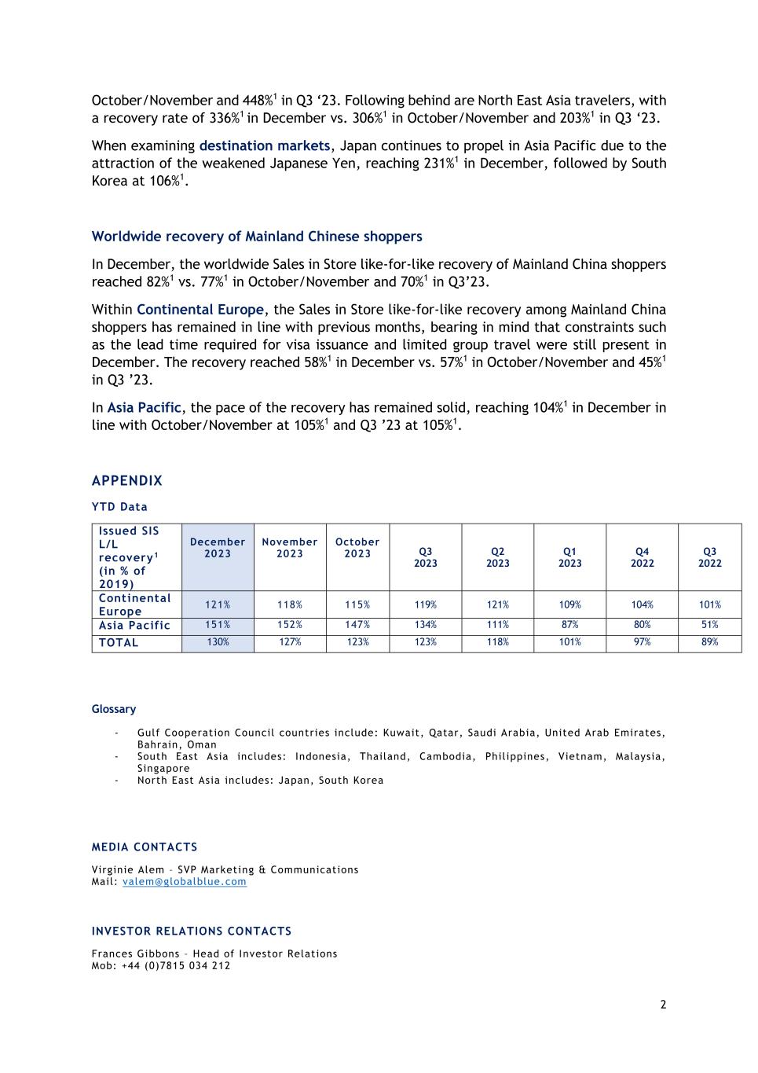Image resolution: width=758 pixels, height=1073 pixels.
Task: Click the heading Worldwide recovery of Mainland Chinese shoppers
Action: click(x=257, y=237)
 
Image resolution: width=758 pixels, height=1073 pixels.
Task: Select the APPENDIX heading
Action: click(x=127, y=481)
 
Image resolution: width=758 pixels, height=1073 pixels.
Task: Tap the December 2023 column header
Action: click(x=218, y=548)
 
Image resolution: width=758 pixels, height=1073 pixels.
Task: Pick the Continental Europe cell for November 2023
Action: click(x=290, y=604)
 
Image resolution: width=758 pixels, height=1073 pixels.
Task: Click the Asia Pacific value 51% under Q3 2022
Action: click(x=709, y=625)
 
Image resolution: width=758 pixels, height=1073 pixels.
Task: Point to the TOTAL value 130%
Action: click(x=218, y=642)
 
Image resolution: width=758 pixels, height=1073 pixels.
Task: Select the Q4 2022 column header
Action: click(x=642, y=557)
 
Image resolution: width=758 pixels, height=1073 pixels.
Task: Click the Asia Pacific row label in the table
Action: click(x=134, y=626)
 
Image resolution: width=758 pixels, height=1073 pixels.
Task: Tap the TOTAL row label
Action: click(x=119, y=643)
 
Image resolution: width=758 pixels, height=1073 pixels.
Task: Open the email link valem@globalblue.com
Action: click(x=185, y=882)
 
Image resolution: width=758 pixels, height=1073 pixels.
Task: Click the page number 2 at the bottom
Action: click(x=663, y=1005)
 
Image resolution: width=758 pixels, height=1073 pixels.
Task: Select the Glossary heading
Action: click(x=114, y=709)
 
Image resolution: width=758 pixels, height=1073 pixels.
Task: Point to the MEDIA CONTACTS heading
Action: click(x=145, y=847)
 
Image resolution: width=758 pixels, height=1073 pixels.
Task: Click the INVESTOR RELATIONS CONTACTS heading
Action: click(x=192, y=932)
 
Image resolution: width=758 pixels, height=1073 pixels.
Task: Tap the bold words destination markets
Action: click(x=265, y=146)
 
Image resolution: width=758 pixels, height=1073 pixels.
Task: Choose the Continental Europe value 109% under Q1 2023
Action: click(x=569, y=604)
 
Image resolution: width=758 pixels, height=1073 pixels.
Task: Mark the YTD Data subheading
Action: click(x=119, y=507)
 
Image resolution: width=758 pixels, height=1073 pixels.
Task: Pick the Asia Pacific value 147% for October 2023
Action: click(x=357, y=625)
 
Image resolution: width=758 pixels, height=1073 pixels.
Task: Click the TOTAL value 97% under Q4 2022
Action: click(x=642, y=642)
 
